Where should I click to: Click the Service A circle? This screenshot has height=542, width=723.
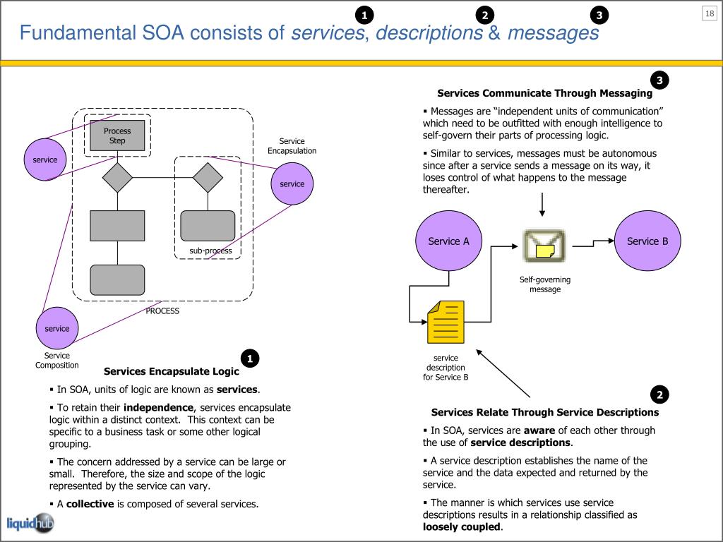(448, 241)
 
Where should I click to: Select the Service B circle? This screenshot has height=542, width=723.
(647, 241)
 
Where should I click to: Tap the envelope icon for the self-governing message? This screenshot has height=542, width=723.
(544, 246)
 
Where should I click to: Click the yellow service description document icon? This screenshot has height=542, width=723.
(446, 322)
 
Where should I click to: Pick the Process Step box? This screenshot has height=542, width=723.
(117, 135)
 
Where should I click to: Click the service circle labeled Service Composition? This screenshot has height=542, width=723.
(57, 328)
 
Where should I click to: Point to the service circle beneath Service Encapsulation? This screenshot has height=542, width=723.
(292, 183)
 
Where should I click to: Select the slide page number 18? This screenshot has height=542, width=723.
(710, 13)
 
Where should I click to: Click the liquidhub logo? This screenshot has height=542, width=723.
(30, 524)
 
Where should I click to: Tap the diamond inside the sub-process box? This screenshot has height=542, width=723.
(208, 177)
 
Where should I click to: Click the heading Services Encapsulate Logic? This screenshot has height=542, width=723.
(172, 371)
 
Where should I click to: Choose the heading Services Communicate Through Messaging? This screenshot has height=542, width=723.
(545, 93)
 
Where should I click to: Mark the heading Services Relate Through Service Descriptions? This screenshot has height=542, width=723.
(545, 412)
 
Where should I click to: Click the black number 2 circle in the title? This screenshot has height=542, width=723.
(484, 16)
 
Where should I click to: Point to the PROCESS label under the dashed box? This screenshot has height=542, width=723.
(162, 311)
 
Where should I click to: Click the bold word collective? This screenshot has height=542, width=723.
(90, 504)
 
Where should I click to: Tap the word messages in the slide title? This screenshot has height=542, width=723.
(554, 33)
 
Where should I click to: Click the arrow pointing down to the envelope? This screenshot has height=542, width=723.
(542, 205)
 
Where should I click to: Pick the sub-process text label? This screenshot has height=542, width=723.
(210, 251)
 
